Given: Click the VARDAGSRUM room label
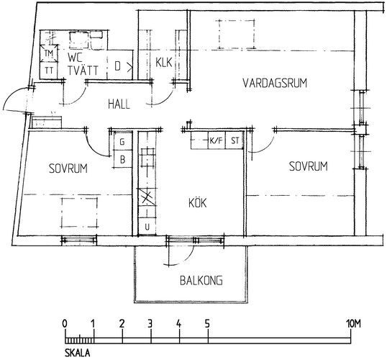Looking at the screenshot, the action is (x=275, y=83).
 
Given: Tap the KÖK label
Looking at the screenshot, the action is (x=197, y=203).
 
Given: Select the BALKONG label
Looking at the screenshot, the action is (x=201, y=280).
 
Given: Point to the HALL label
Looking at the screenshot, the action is (x=119, y=104).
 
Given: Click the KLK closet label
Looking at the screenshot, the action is (x=163, y=62).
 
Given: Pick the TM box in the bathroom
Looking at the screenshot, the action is (x=49, y=53).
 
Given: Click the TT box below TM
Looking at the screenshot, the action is (x=49, y=71).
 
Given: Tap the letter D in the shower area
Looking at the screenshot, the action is (x=118, y=66).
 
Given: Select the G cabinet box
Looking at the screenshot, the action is (x=123, y=141).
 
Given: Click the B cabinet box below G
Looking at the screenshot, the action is (x=123, y=159).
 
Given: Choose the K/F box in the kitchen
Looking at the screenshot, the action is (x=217, y=140).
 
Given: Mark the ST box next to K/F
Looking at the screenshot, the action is (x=235, y=140).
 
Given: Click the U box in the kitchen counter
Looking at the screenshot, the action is (x=147, y=227).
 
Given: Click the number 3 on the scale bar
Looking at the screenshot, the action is (x=150, y=323).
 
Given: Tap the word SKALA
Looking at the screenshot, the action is (x=78, y=353).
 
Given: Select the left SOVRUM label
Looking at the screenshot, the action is (x=68, y=168).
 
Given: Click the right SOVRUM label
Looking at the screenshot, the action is (x=309, y=166).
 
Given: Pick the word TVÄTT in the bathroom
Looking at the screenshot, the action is (x=83, y=71).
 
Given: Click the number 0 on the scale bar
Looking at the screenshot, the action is (x=65, y=323).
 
